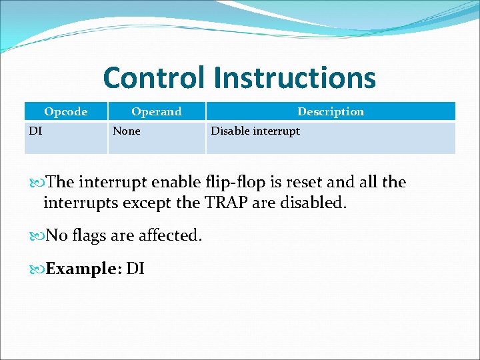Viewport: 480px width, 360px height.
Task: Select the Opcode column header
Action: point(65,111)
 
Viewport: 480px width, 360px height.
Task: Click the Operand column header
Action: point(156,111)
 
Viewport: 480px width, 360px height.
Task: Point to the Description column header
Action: point(330,111)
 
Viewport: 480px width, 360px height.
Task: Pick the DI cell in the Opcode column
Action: point(35,131)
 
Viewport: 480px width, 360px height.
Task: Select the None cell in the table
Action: point(127,131)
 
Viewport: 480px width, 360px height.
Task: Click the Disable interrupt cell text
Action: point(255,131)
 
